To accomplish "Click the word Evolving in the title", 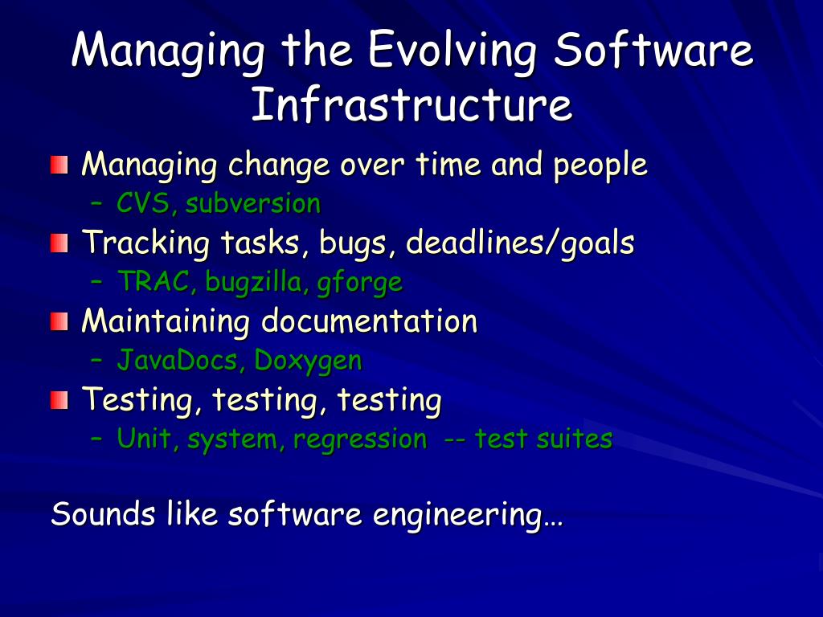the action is (452, 51).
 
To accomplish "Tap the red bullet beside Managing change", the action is (59, 165).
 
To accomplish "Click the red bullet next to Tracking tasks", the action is (59, 243).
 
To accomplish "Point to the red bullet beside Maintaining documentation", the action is (59, 321).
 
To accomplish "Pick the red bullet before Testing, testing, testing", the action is (59, 400).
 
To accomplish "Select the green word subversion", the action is (253, 203).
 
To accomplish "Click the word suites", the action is (574, 439).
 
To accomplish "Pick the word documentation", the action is (369, 321).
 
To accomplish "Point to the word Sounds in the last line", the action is (103, 513).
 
